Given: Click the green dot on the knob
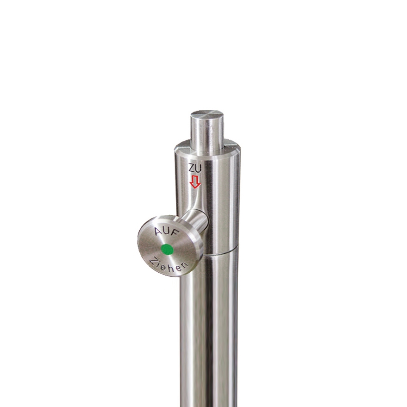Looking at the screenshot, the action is pos(167,250).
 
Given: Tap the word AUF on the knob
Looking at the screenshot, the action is pos(167,232).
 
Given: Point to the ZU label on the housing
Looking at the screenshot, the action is pos(195,169).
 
